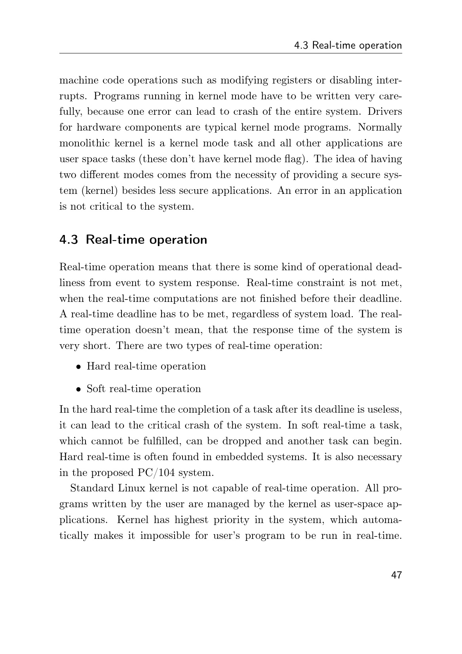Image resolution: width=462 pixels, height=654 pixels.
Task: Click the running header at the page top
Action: [x=348, y=45]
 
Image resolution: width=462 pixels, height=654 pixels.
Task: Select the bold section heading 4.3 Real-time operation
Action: [x=133, y=240]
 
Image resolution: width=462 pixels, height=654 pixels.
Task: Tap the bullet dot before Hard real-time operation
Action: [x=79, y=367]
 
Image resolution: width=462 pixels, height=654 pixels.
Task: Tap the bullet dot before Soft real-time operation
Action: [x=79, y=389]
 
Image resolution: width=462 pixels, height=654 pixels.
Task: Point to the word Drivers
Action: [x=385, y=112]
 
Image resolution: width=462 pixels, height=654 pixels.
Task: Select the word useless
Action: [x=384, y=409]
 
